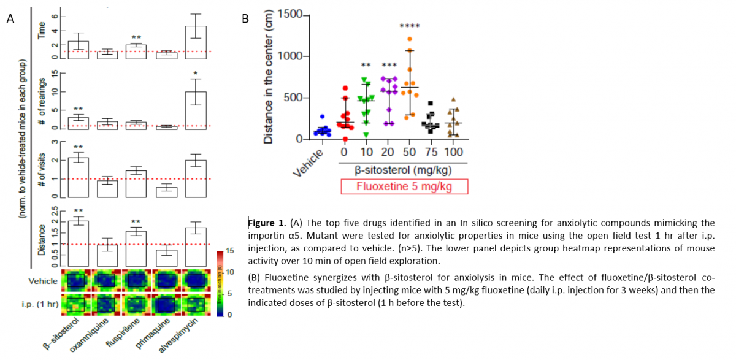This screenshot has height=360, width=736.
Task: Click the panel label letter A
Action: [x=10, y=20]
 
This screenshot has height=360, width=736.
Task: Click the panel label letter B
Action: [x=245, y=18]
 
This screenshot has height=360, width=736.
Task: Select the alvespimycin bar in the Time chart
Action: [x=196, y=42]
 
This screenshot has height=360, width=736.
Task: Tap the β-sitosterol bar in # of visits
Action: [x=79, y=177]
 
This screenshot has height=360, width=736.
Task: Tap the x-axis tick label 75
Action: [x=432, y=152]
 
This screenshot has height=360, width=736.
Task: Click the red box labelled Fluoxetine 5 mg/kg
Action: [x=404, y=186]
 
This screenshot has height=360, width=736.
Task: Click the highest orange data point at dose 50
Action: [x=409, y=39]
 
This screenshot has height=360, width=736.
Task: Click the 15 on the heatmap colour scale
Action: [x=230, y=251]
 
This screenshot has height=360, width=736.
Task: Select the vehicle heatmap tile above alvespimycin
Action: [x=196, y=281]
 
